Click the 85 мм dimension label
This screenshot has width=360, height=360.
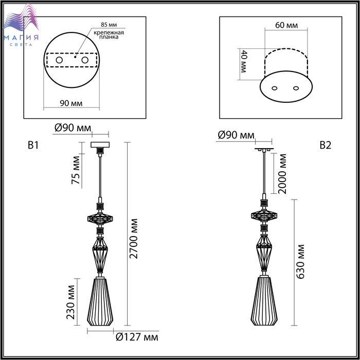[109, 25]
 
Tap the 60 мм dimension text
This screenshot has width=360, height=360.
[286, 25]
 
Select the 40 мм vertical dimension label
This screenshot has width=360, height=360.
[243, 61]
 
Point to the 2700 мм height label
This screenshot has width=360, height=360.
[133, 239]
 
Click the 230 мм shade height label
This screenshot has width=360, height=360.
[71, 302]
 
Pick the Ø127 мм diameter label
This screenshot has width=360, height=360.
[137, 337]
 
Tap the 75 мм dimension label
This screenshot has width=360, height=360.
[76, 170]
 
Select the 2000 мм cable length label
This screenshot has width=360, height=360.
[282, 174]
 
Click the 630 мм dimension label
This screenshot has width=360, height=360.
[300, 262]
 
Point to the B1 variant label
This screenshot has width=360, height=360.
[33, 146]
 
